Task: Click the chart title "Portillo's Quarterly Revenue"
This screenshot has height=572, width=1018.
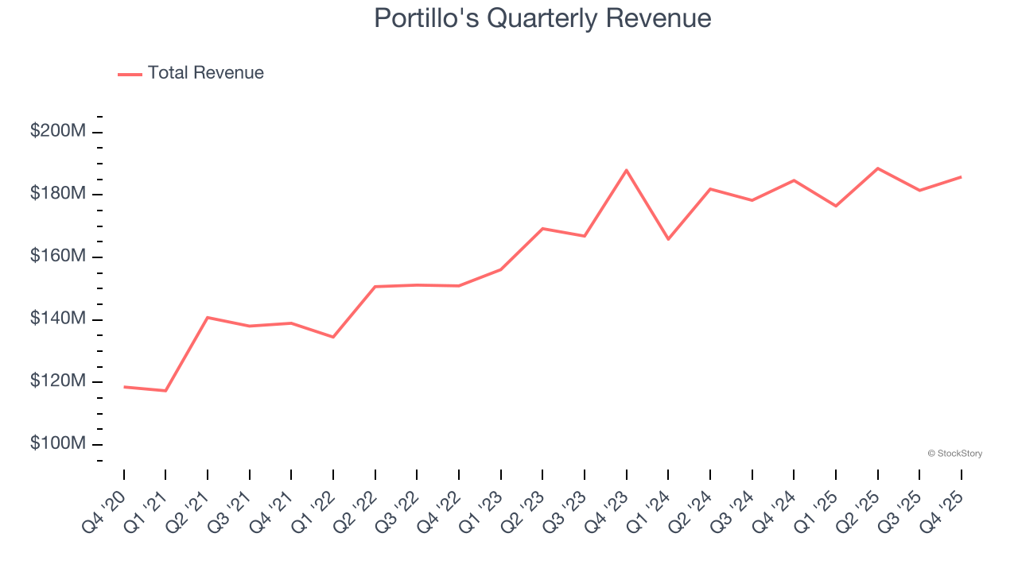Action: coord(542,18)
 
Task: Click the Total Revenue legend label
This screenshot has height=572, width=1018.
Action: coord(205,73)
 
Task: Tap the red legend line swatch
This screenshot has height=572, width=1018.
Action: coord(130,74)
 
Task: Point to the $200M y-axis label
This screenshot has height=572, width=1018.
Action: coord(57,131)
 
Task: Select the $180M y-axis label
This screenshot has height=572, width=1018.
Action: coord(57,194)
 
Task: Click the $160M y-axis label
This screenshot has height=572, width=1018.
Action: coord(57,257)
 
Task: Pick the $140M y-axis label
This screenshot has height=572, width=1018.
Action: coord(57,319)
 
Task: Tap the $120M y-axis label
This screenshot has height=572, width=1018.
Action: coord(57,381)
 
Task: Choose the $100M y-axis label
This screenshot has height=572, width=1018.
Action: coord(57,443)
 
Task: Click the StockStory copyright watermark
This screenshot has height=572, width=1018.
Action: coord(954,454)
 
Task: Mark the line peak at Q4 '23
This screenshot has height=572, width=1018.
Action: coord(627,170)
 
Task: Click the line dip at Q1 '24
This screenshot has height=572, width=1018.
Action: coord(668,239)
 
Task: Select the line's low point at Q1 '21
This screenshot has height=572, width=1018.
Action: coord(165,391)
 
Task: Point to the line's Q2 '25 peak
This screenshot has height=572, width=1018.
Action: coord(877,168)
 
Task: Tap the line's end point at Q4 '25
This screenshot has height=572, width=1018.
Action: coord(961,177)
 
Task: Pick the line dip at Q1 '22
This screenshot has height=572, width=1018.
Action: coord(333,337)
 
